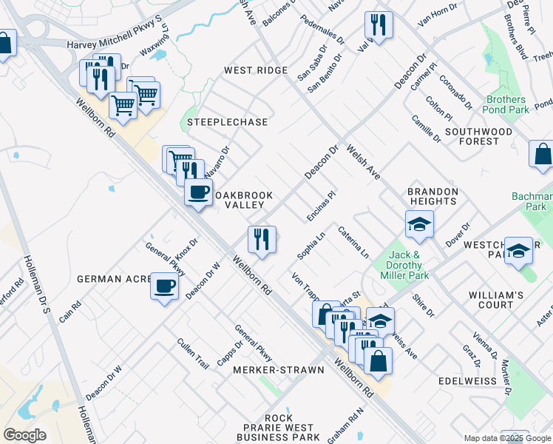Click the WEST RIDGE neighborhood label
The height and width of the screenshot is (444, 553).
click(256, 70)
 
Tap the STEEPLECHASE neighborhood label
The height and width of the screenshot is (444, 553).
click(227, 121)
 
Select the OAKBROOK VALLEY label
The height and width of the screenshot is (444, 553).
click(244, 200)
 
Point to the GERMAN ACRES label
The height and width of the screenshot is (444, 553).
click(113, 279)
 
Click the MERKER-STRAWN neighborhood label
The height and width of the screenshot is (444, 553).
click(278, 369)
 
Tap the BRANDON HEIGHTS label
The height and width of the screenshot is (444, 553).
click(432, 196)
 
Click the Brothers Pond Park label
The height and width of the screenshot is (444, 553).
click(506, 104)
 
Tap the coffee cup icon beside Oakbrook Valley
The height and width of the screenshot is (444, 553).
click(198, 192)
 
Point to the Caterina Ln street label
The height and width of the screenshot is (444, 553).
click(354, 242)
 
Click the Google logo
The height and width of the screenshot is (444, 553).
click(24, 435)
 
